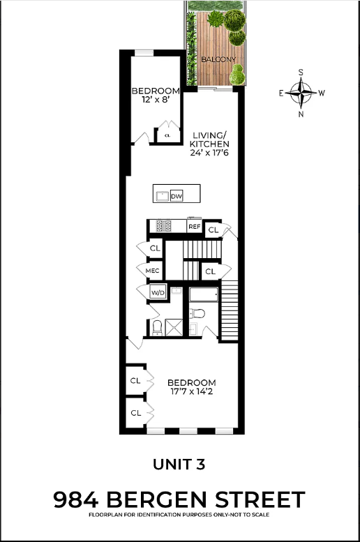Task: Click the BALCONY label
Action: [x=218, y=60]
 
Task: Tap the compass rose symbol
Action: [x=301, y=92]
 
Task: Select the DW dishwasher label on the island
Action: [x=176, y=196]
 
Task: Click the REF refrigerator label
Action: [x=194, y=227]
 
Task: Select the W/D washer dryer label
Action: [x=158, y=293]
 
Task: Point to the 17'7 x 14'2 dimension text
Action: [x=192, y=393]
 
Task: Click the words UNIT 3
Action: [x=180, y=463]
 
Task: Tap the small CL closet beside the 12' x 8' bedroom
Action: [x=167, y=135]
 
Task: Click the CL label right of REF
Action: [x=213, y=229]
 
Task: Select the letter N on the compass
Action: [x=301, y=114]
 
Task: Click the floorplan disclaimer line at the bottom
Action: [x=179, y=515]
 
